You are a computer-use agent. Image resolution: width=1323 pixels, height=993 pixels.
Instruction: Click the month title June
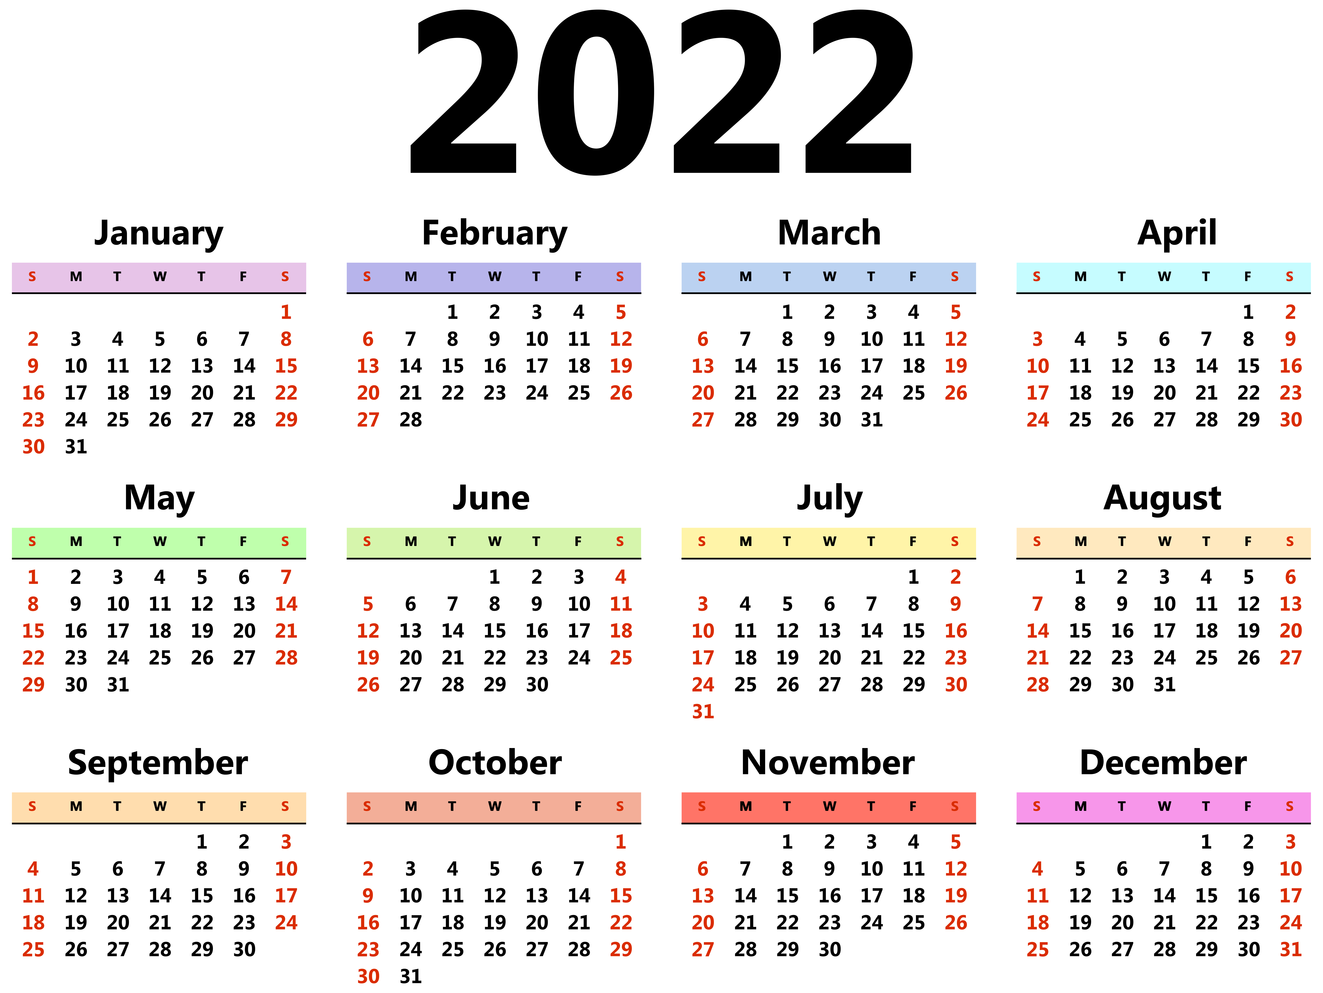pos(491,498)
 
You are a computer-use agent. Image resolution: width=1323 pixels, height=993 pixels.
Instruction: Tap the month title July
pos(830,498)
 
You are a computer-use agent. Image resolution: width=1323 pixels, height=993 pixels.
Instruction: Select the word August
pos(1162,498)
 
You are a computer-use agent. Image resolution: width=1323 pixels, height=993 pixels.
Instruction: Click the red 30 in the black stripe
pos(1290,420)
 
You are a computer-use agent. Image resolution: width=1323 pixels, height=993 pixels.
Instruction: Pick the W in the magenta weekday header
pos(1164,806)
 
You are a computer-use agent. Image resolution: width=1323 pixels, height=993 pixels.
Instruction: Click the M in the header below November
pos(745,806)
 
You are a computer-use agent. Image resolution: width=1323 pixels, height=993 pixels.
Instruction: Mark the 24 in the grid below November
pos(871,922)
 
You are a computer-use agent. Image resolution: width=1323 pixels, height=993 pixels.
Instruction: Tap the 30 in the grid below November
pos(830,949)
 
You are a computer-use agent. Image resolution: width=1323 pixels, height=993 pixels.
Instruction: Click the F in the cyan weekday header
pos(1248,277)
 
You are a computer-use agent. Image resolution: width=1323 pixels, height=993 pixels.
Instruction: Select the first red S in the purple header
pos(367,277)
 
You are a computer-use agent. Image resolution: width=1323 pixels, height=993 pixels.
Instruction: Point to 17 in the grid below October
pos(410,922)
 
